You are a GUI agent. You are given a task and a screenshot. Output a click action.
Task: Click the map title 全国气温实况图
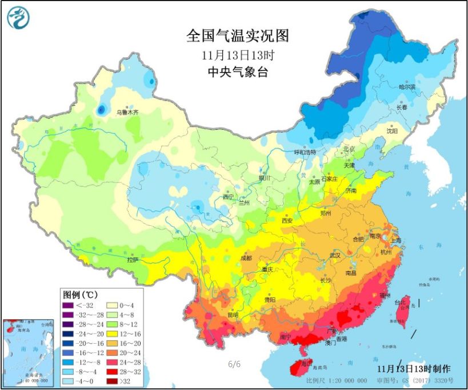pos(237,36)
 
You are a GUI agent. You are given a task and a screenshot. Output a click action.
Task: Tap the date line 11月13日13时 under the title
pos(237,55)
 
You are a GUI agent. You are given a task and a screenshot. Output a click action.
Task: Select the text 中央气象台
pos(237,72)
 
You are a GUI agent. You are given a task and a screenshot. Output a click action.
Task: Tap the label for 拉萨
pos(133,259)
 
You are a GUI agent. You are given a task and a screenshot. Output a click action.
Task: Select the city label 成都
pos(247,257)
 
